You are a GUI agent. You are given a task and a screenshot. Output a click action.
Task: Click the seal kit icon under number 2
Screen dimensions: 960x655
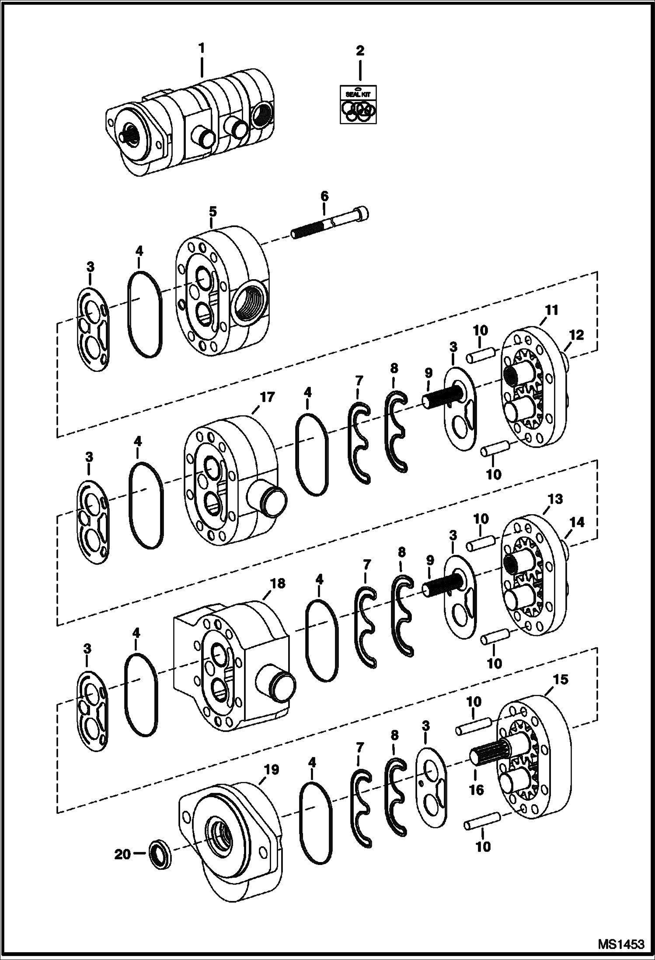click(359, 104)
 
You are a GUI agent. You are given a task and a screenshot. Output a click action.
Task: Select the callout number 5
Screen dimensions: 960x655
click(213, 212)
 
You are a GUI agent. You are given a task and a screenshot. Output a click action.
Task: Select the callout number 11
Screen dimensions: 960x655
click(551, 310)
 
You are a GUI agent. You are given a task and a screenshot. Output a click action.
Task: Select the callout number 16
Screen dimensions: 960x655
click(477, 790)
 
